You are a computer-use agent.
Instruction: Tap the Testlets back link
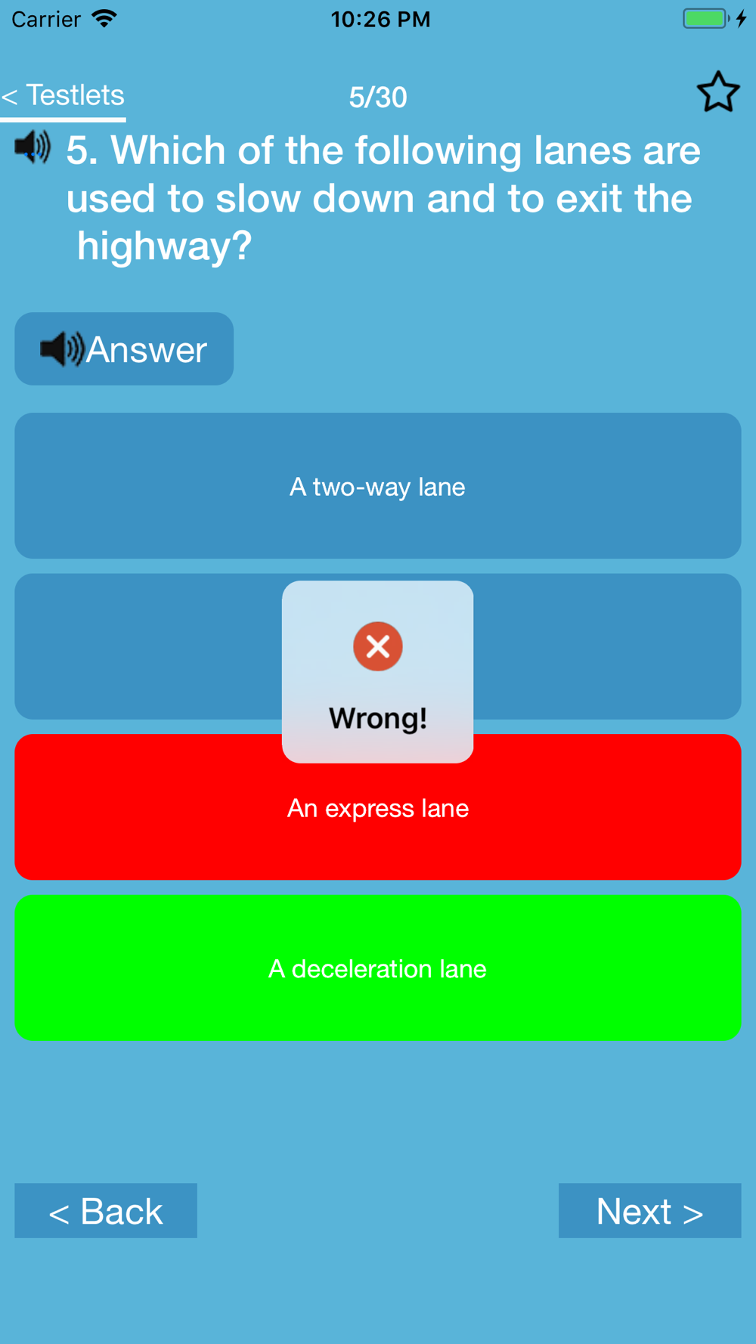63,96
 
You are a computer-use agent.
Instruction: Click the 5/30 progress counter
378,98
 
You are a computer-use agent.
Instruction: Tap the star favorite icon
717,92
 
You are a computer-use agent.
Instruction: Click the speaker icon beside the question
33,147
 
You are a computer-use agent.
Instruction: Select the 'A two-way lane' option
377,486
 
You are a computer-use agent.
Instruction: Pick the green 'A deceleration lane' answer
377,968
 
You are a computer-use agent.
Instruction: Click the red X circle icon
378,646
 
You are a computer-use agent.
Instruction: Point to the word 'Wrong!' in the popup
378,718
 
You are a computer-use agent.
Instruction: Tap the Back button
106,1211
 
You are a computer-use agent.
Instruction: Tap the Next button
649,1211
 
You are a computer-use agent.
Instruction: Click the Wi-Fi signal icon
104,18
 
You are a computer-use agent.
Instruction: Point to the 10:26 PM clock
380,19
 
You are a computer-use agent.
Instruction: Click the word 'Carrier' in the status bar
46,19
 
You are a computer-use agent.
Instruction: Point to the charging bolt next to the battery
742,18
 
